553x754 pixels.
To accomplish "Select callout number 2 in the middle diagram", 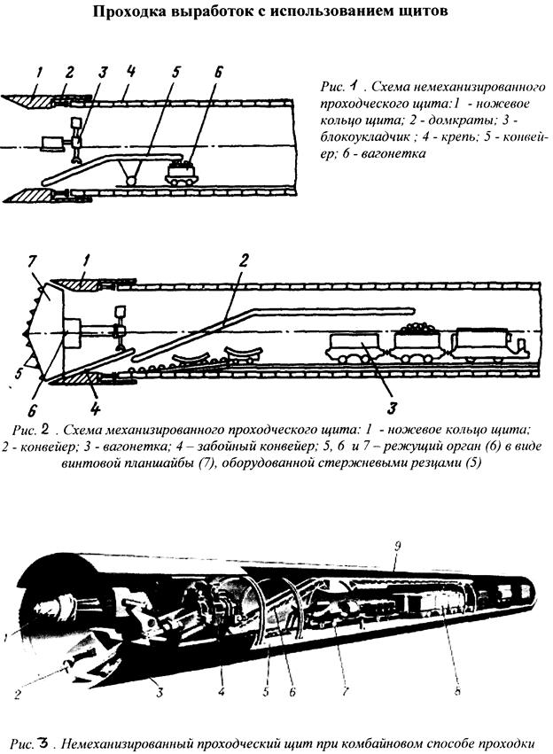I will (243, 260).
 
